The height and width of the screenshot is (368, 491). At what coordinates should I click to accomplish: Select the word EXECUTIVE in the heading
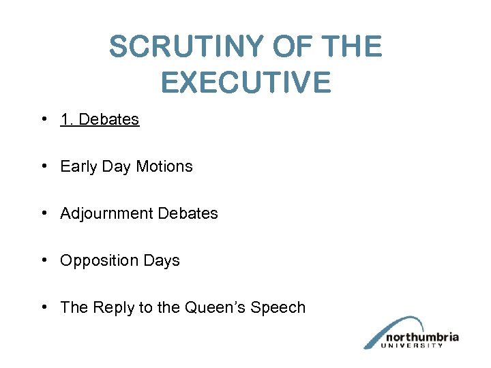pos(245,82)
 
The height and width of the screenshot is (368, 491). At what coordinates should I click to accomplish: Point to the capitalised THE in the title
pos(353,47)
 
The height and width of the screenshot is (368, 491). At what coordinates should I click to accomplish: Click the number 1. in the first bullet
pos(67,120)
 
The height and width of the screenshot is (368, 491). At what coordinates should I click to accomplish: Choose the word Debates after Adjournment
pos(188,214)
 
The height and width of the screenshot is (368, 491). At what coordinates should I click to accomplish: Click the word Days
pos(162,261)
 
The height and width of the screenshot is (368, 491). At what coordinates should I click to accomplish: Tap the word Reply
pos(114,308)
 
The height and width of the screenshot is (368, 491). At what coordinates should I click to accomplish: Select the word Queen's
pos(215,308)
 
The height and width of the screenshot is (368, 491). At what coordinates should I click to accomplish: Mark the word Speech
pos(278,308)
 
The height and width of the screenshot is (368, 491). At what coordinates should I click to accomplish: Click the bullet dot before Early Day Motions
pos(43,166)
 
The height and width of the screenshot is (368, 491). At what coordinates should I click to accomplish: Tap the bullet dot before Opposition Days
pos(43,260)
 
